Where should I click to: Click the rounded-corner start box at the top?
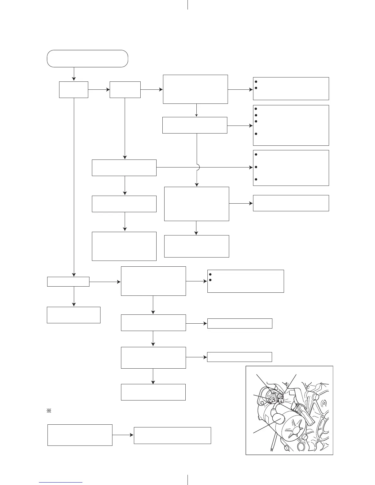click(x=87, y=58)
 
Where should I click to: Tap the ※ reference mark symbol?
click(x=48, y=411)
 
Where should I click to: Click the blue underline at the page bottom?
click(x=61, y=482)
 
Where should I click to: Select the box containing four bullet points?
click(x=291, y=125)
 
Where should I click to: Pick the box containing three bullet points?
click(x=291, y=168)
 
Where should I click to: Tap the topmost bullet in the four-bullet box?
click(x=255, y=109)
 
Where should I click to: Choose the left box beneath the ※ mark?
click(x=80, y=435)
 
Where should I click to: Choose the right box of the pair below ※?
click(x=172, y=435)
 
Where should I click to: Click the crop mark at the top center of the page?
click(x=187, y=5)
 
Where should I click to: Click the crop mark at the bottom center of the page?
click(x=187, y=480)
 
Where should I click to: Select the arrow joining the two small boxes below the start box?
click(x=99, y=90)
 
